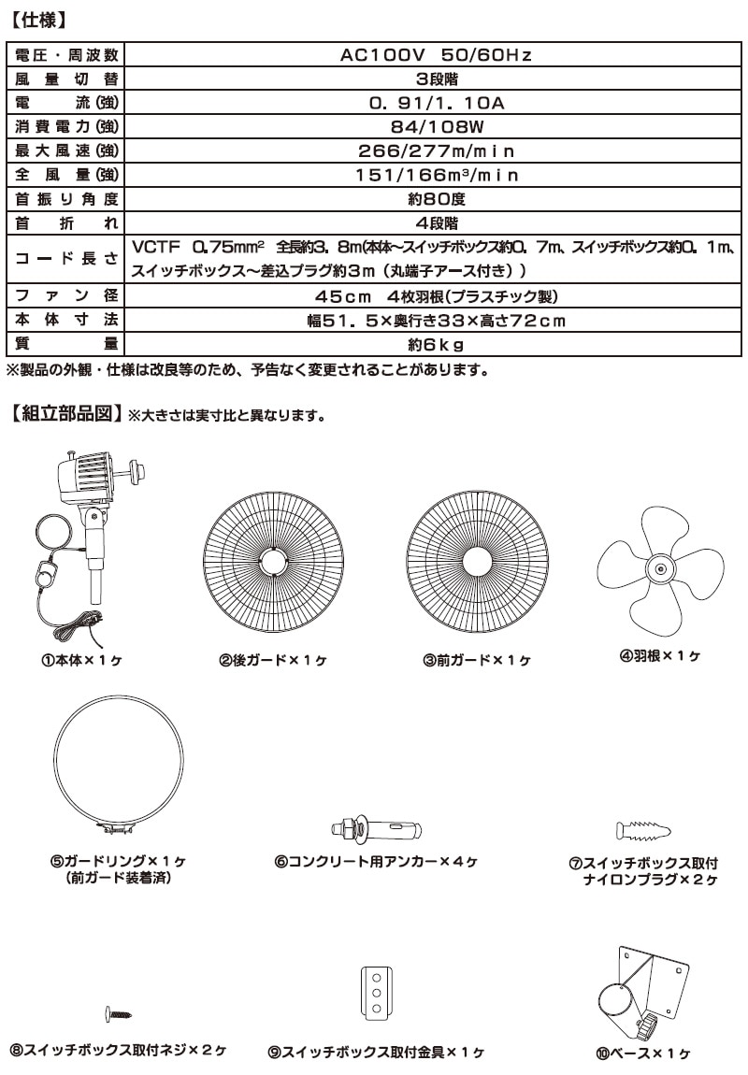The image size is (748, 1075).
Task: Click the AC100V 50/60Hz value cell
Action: coord(436,55)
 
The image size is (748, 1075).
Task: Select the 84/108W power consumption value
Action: coord(436,126)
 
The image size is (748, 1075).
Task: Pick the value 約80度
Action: coord(436,198)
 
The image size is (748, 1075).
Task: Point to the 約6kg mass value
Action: coord(436,345)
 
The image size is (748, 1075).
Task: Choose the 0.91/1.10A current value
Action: coord(436,103)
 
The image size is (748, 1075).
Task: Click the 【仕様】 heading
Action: coord(37,18)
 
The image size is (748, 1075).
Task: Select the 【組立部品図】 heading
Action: coord(65,412)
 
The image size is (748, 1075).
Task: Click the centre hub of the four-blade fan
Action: coord(659,566)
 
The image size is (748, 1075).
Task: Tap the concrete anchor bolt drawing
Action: coord(376,828)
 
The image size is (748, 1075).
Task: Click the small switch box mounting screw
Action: coord(119,1012)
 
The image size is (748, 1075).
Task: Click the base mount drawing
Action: coord(642,991)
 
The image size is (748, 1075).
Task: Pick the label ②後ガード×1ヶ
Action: coord(273,660)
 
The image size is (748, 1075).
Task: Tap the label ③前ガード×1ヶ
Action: coord(477,660)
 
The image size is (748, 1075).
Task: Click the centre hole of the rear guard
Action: coord(273,561)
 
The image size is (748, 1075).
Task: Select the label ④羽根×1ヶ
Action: coord(660,656)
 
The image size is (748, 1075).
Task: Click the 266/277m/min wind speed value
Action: coord(436,150)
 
